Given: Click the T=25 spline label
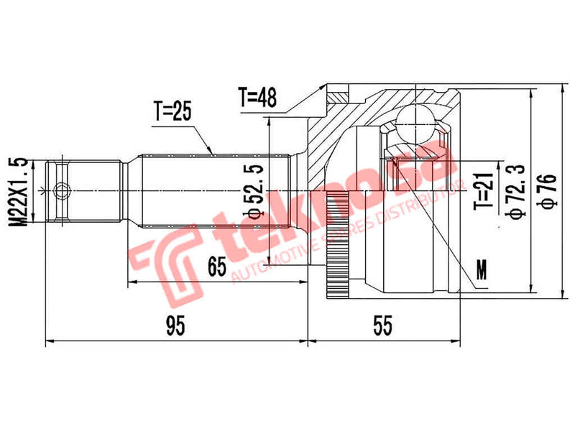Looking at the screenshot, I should coord(172,112).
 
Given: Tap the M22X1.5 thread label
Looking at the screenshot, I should coord(19,190).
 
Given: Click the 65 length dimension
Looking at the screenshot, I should coord(217,267).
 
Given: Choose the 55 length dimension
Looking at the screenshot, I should coord(382,326).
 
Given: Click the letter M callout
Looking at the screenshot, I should coord(482,272).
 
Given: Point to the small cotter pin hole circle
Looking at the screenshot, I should coord(62,190).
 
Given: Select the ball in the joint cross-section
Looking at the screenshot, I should coord(413,119).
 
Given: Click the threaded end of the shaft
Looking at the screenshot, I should coord(83,190).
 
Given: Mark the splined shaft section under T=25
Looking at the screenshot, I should coord(216,190).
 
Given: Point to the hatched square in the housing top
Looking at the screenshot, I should coord(336,93).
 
